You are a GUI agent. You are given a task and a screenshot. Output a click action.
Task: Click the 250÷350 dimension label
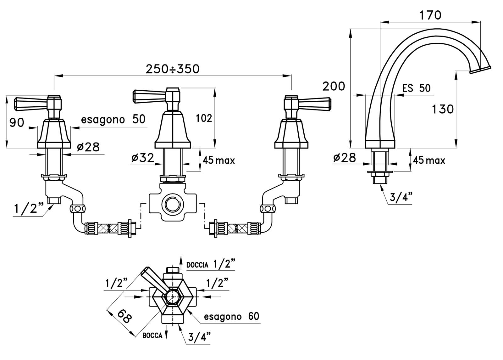click(x=173, y=69)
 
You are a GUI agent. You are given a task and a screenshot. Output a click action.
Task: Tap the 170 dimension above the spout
click(x=430, y=15)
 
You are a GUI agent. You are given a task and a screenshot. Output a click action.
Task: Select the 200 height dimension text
click(x=334, y=86)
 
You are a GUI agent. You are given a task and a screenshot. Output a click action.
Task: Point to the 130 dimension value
click(x=443, y=109)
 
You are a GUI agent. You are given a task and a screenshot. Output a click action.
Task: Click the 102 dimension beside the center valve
click(x=204, y=118)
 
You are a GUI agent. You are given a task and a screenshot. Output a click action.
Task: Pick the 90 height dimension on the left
click(x=17, y=123)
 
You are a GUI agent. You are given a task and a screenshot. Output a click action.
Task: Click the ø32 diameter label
click(x=143, y=158)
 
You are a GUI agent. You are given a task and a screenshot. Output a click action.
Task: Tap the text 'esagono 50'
click(x=113, y=119)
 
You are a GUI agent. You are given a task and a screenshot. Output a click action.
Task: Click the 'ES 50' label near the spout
click(x=416, y=88)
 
